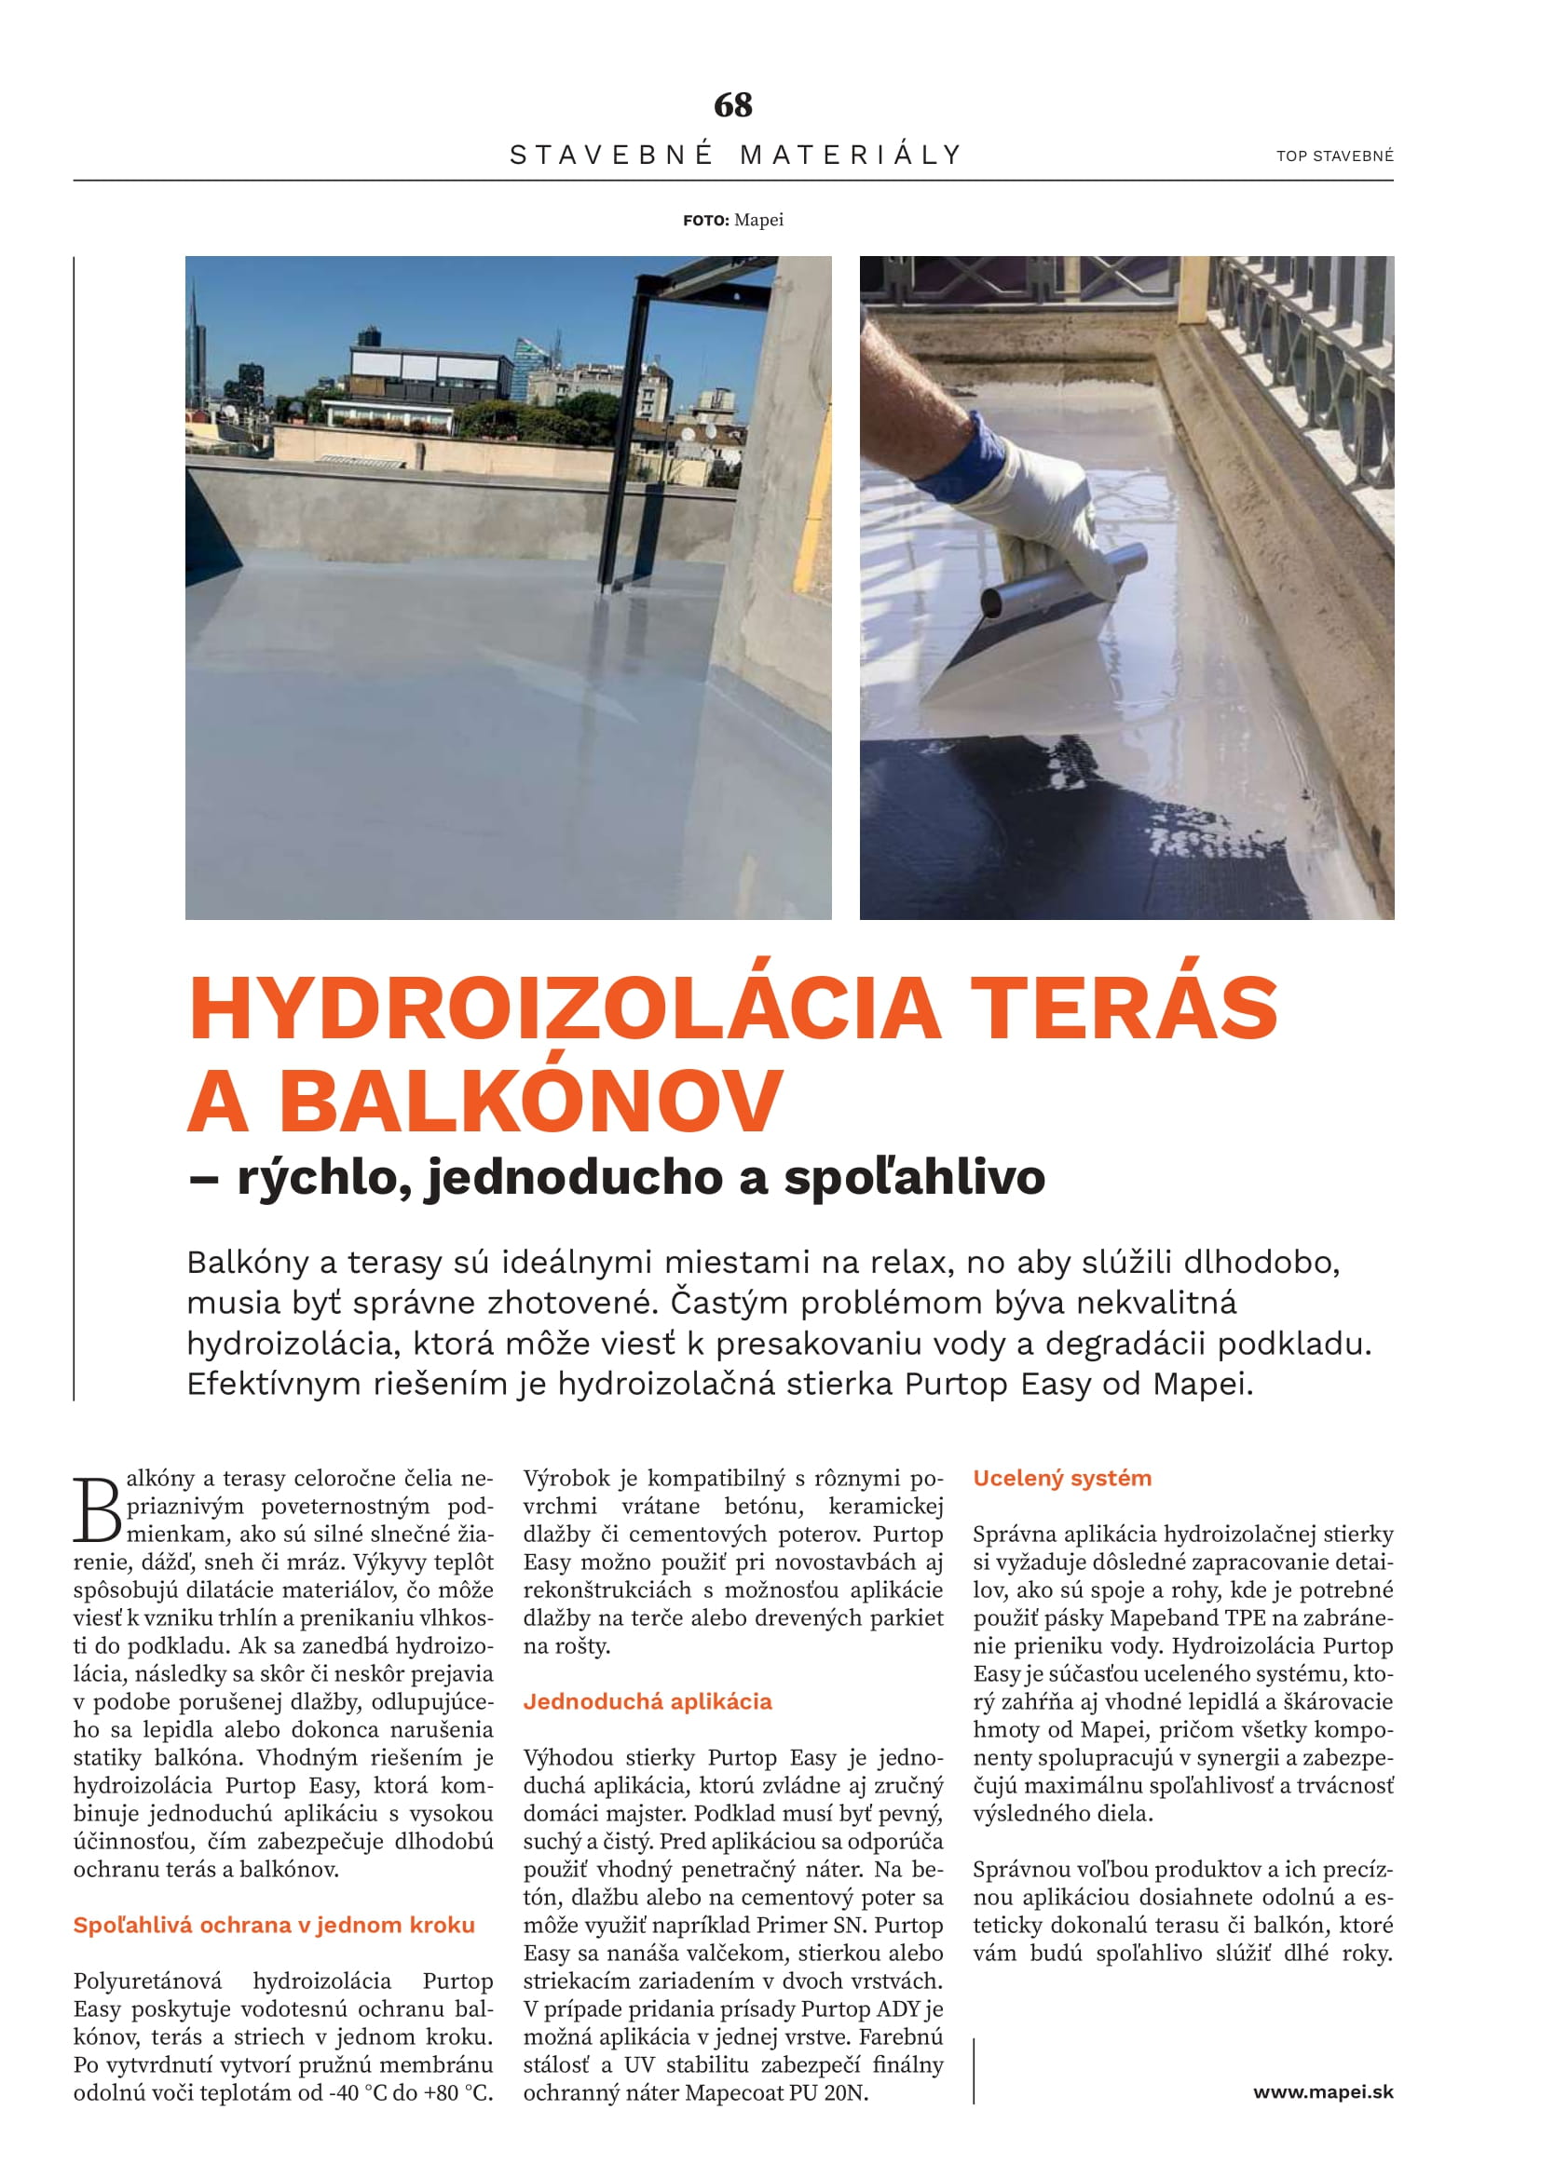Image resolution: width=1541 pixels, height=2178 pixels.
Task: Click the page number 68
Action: point(732,104)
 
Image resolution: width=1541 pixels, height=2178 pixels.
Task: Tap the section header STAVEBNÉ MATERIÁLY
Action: point(735,155)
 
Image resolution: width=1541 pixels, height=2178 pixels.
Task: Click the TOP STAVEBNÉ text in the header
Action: point(1334,156)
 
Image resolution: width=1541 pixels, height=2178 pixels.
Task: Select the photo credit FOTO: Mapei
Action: point(732,220)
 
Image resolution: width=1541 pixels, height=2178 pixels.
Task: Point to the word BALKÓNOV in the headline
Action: point(530,1101)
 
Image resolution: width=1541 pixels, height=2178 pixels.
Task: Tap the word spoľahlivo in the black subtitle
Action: point(914,1177)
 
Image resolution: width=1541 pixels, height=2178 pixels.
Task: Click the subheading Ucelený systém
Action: point(1062,1478)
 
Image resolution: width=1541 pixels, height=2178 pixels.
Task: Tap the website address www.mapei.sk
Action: point(1323,2091)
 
